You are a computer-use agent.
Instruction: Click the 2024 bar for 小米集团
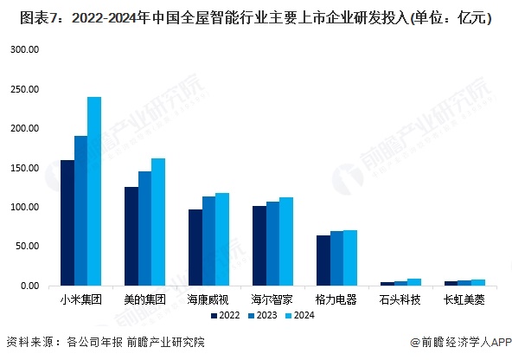coord(94,191)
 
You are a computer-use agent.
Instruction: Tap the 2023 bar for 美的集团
coord(144,228)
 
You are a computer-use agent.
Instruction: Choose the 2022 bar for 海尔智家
coord(259,246)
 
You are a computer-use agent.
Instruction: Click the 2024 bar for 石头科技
coord(414,282)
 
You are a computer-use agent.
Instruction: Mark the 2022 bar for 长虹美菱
coord(451,283)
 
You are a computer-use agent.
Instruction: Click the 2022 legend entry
coord(225,317)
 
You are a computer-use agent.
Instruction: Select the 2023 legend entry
coord(264,317)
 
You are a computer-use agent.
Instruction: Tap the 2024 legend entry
coord(303,317)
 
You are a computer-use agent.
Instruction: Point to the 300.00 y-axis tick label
coord(25,50)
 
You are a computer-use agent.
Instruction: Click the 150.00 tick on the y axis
coord(25,168)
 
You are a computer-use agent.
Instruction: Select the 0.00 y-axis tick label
coord(29,286)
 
